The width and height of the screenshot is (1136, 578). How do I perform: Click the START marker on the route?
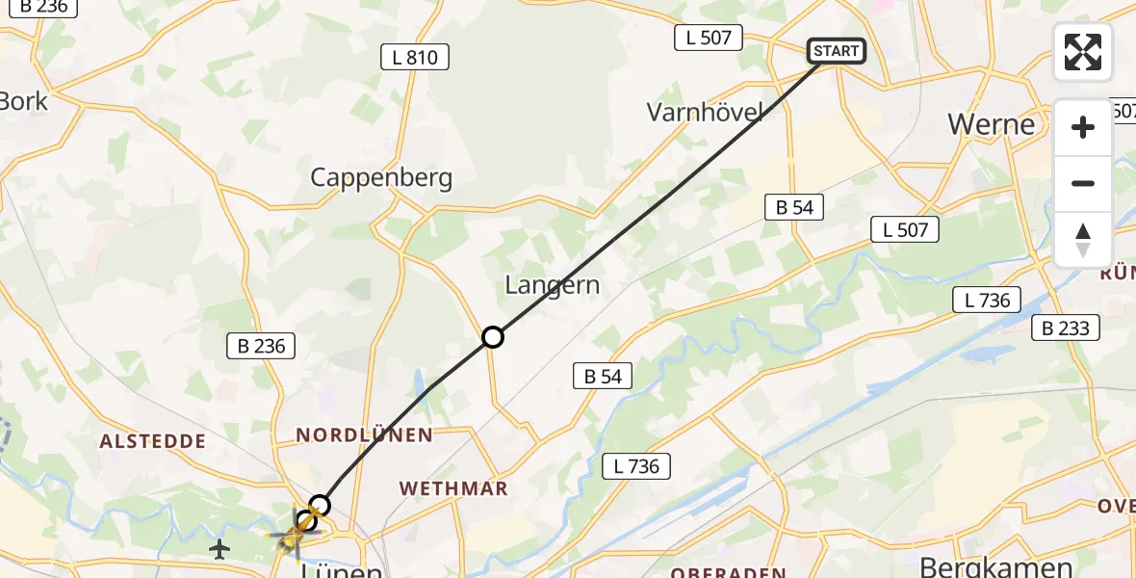click(836, 51)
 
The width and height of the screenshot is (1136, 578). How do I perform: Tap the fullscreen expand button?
click(1083, 52)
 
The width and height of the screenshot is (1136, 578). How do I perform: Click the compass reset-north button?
click(1083, 240)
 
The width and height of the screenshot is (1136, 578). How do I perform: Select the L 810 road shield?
click(415, 57)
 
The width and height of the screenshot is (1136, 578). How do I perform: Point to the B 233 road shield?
click(1066, 328)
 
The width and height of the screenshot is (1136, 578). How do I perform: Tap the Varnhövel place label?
click(705, 113)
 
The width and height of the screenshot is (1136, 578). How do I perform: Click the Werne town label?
click(991, 124)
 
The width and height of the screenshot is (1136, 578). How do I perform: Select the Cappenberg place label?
click(381, 177)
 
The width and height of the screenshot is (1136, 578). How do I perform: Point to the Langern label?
click(553, 285)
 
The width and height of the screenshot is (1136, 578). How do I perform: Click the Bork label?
click(23, 100)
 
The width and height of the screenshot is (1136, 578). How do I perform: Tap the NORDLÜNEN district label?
click(364, 435)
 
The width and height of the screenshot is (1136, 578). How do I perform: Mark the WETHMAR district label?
click(453, 488)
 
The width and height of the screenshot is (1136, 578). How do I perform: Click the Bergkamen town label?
click(996, 566)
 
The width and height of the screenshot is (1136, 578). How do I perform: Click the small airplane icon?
click(220, 549)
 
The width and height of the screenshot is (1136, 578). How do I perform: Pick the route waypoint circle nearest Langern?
click(492, 337)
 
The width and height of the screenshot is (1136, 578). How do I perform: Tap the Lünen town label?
click(342, 570)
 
